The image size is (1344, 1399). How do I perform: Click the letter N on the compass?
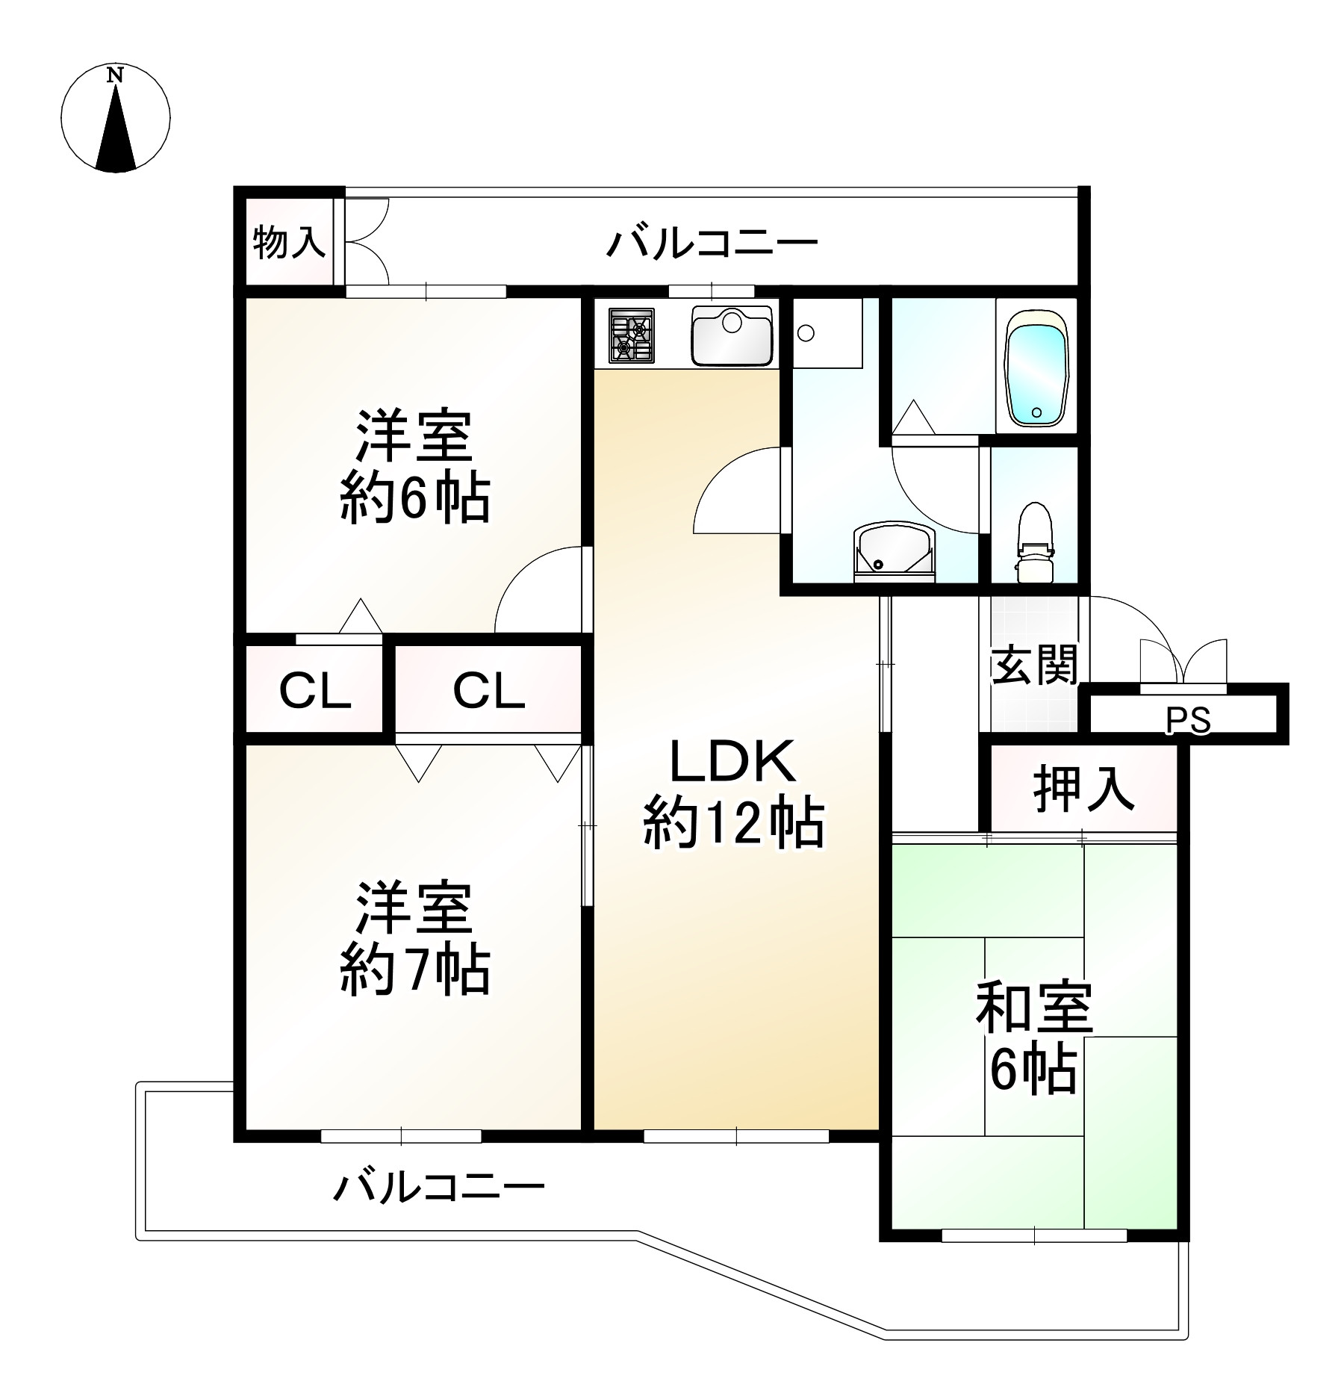click(x=114, y=75)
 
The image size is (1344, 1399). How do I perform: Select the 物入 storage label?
click(x=289, y=242)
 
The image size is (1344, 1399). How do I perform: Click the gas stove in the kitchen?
click(x=632, y=336)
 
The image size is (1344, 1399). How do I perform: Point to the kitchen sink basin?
click(x=731, y=335)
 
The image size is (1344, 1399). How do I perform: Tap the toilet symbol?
click(x=1034, y=542)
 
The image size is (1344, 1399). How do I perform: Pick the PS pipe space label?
click(x=1188, y=721)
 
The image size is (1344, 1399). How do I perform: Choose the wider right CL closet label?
click(x=488, y=690)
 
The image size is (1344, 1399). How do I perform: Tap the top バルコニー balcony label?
click(x=712, y=243)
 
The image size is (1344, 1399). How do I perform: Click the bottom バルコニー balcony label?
click(x=439, y=1186)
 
